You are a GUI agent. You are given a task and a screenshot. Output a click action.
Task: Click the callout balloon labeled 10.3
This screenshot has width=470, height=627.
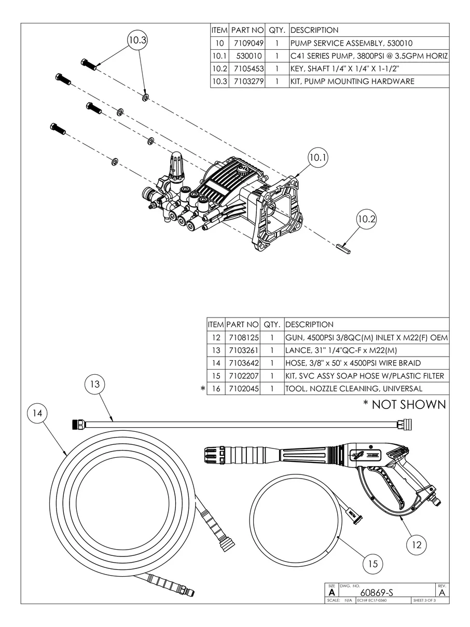point(137,40)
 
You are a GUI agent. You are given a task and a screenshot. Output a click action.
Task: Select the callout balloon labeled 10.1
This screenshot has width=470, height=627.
point(318,157)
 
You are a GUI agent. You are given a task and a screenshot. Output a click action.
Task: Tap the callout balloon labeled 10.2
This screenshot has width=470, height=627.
point(366,219)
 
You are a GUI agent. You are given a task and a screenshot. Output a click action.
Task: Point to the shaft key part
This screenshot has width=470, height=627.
point(343,248)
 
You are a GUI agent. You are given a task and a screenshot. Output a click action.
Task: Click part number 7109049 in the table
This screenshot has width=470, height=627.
point(248,44)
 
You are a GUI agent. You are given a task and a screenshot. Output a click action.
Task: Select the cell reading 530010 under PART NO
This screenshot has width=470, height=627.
point(249,56)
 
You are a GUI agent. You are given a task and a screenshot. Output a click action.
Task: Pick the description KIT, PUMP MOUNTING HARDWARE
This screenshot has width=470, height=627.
point(352,81)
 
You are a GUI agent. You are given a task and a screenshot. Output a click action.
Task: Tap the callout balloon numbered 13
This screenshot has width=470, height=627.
point(95,384)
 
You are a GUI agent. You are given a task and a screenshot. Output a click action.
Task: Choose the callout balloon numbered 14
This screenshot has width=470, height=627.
point(37,413)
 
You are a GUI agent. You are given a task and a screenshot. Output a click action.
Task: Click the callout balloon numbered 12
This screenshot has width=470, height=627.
point(417,545)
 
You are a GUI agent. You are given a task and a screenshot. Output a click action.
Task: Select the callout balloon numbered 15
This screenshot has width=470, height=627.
point(372,564)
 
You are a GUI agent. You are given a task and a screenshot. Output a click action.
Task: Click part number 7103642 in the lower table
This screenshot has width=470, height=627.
point(244,363)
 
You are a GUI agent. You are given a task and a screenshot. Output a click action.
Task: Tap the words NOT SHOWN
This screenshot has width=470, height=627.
point(409,405)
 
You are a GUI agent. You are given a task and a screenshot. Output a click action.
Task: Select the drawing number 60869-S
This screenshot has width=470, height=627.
point(377,593)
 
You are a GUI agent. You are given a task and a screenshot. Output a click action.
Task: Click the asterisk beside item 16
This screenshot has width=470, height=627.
point(203,389)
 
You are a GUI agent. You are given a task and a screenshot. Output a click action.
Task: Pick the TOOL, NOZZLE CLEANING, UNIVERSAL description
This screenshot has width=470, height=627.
point(354,389)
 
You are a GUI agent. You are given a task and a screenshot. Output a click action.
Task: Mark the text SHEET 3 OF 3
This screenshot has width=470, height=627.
point(424,600)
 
